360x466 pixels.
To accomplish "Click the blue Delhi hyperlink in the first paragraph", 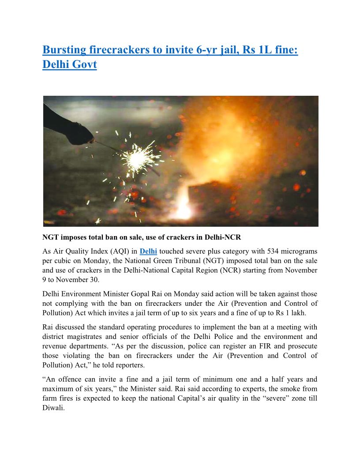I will [x=148, y=252].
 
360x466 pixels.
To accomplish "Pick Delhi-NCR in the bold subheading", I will [x=223, y=237].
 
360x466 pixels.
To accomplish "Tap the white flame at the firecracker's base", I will [x=183, y=207].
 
